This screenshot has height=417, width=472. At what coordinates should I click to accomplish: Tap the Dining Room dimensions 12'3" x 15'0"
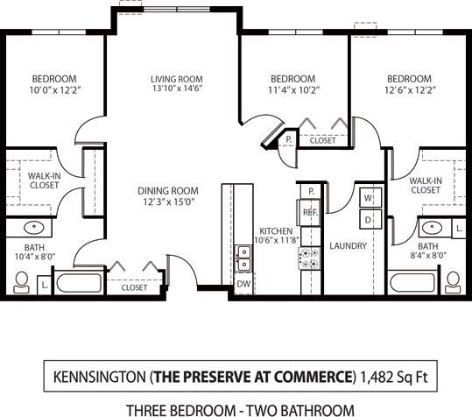(167, 202)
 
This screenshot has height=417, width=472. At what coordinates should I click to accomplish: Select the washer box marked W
(369, 196)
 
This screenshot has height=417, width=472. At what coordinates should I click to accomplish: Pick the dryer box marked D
(369, 217)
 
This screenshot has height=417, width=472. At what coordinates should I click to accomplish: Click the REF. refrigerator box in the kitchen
(309, 213)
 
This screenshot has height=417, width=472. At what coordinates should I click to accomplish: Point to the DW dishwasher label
(243, 283)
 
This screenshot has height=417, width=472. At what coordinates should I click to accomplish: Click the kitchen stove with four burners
(310, 256)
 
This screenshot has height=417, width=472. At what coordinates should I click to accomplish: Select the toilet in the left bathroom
(22, 281)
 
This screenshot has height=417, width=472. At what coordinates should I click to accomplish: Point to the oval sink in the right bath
(429, 228)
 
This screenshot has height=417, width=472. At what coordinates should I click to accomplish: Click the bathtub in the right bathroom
(412, 282)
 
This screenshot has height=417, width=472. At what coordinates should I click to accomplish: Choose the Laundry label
(349, 246)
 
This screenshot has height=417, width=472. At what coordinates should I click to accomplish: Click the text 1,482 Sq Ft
(391, 378)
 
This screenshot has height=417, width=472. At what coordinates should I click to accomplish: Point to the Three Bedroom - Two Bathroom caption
(240, 409)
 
